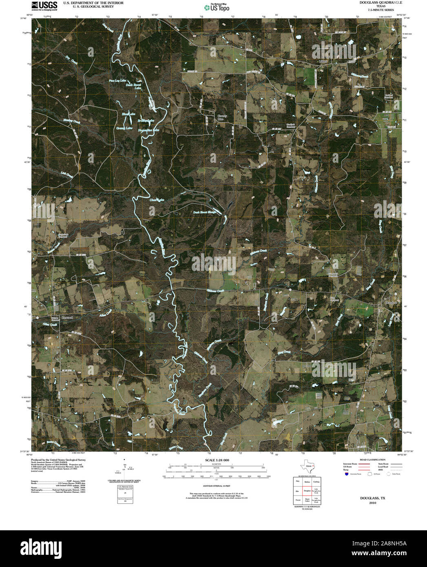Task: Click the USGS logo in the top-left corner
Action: (x=44, y=5)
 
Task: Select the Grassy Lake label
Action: (x=124, y=128)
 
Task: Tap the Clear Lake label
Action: (x=157, y=200)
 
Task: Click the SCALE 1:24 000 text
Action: (x=217, y=460)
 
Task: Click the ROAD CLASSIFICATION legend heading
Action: (x=370, y=460)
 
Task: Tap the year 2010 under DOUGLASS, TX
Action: (x=372, y=503)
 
